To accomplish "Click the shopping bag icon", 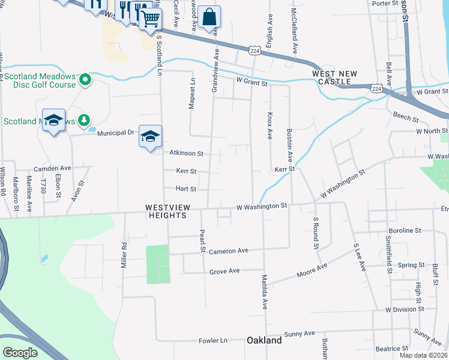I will (x=209, y=17).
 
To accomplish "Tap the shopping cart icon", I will (x=150, y=19).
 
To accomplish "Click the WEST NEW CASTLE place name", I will (x=334, y=77).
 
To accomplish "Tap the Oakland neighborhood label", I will (x=264, y=340).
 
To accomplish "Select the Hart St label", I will (x=185, y=188).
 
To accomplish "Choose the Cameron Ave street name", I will (x=229, y=251).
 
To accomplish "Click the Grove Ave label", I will (x=224, y=271).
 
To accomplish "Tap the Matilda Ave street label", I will (x=263, y=292).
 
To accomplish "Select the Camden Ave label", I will (x=52, y=168).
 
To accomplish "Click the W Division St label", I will (x=405, y=309).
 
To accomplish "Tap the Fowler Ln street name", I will (x=213, y=340).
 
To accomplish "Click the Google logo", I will (x=19, y=352).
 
